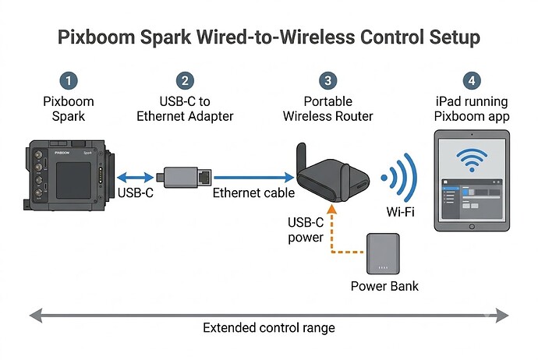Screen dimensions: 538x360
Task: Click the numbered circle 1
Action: pos(69,81)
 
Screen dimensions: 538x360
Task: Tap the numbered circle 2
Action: pos(185,81)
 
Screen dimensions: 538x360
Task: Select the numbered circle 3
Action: pos(328,81)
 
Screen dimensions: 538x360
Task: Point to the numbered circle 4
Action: pos(472,81)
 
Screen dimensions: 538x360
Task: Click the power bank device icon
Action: pos(383,254)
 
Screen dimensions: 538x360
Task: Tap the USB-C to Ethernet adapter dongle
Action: pos(184,177)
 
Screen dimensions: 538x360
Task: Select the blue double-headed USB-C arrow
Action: pos(135,178)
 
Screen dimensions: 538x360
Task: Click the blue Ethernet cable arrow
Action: pos(254,178)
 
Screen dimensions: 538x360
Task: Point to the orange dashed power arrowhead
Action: pos(331,209)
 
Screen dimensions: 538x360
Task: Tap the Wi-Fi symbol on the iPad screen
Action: pos(472,160)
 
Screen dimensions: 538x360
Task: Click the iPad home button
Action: pos(472,227)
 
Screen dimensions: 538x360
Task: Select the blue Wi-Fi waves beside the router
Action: pos(400,178)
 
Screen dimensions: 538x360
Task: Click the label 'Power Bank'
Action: pos(384,286)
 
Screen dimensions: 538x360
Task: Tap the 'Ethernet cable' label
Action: pos(253,193)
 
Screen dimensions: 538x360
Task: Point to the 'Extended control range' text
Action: pos(269,328)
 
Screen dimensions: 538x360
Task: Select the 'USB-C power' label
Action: pos(306,230)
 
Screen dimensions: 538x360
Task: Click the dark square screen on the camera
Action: pos(74,180)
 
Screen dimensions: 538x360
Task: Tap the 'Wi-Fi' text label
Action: pos(401,212)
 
